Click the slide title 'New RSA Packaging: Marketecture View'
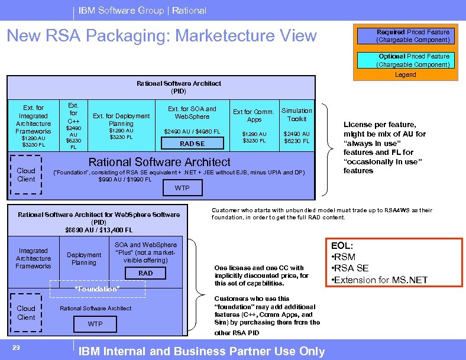click(161, 36)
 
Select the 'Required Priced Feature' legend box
click(413, 36)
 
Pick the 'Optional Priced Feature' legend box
click(413, 60)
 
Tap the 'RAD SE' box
click(192, 144)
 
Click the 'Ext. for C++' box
click(73, 126)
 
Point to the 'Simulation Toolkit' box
click(297, 125)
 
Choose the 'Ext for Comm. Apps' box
click(254, 125)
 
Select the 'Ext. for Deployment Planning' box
click(121, 127)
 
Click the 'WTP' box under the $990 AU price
click(182, 188)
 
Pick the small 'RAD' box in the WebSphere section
click(145, 273)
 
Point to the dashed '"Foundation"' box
click(97, 288)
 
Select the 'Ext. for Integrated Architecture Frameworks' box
click(33, 125)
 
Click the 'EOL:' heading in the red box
click(344, 245)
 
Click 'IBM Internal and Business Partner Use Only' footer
click(202, 351)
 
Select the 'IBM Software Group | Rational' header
click(143, 10)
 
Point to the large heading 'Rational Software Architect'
click(159, 161)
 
